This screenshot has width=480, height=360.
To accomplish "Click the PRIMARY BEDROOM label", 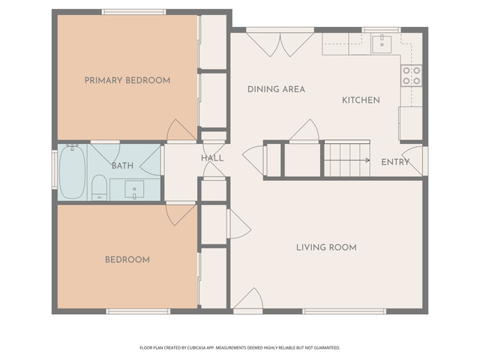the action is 127,80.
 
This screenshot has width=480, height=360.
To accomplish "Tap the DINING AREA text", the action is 276,89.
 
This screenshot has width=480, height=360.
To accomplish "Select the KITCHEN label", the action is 361,100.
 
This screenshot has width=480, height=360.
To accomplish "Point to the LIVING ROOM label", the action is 326,247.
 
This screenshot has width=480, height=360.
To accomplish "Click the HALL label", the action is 212,158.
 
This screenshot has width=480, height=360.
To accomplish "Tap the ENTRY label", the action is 395,162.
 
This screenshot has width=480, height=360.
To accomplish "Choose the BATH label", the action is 122,166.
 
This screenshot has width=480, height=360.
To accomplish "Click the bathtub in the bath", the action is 72,172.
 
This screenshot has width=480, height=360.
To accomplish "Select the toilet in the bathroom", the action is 99,187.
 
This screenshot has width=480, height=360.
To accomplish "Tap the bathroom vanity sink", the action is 134,190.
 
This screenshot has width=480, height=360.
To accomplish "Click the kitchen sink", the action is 382,44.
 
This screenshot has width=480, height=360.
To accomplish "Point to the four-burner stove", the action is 412,76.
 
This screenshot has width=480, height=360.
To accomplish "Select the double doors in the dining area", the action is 280,45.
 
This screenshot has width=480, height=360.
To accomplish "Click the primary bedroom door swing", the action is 181,130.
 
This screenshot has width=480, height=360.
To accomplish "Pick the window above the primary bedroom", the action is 133,12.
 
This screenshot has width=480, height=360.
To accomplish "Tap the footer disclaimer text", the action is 240,348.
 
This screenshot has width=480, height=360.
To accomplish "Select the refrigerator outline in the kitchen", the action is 410,123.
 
